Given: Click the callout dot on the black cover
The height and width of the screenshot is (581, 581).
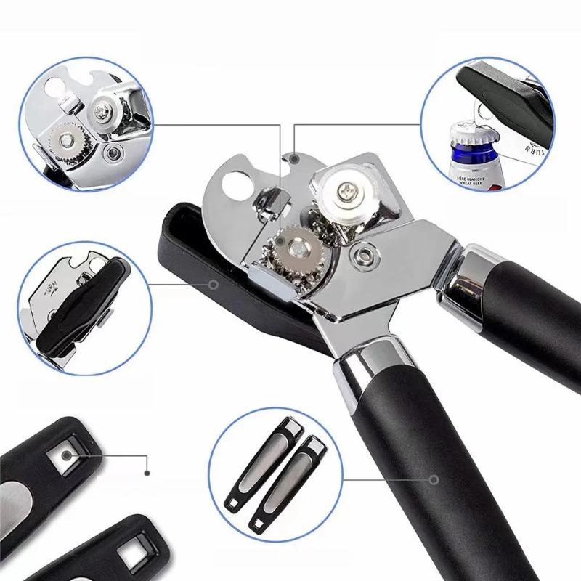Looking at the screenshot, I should [214, 284].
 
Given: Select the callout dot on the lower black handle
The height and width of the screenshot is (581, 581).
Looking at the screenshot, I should [434, 480].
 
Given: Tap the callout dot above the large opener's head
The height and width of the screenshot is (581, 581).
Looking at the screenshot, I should [294, 156].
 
